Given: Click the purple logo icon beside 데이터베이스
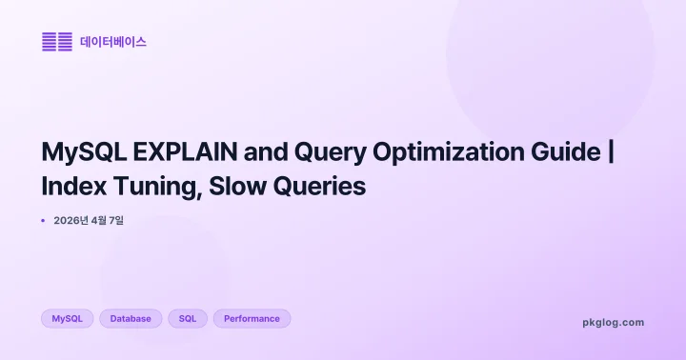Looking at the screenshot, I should click(57, 42).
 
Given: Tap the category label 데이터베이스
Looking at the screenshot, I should click(112, 42).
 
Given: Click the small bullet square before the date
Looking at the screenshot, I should click(44, 221).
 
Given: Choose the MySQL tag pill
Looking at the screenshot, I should click(67, 319).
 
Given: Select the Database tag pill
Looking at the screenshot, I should click(131, 319).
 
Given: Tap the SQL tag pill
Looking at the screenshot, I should click(188, 319).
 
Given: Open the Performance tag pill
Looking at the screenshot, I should click(252, 319).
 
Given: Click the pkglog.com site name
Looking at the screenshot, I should click(613, 323).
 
